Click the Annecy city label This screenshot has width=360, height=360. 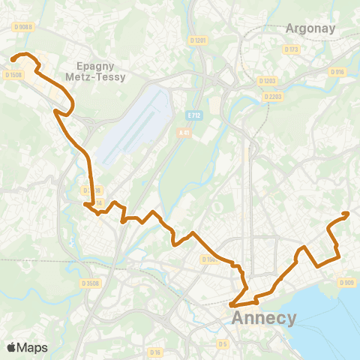click(265, 318)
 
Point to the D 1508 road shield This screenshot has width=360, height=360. click(13, 74)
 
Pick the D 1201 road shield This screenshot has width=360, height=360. click(198, 40)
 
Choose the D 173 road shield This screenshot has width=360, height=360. click(292, 49)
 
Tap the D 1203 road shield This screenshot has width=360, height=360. click(267, 80)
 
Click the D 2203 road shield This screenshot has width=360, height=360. click(271, 96)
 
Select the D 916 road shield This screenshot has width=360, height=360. click(337, 72)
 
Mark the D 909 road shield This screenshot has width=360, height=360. click(346, 283)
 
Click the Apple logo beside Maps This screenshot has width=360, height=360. click(11, 347)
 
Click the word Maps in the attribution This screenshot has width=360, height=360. click(32, 347)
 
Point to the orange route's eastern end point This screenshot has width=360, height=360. click(347, 214)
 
